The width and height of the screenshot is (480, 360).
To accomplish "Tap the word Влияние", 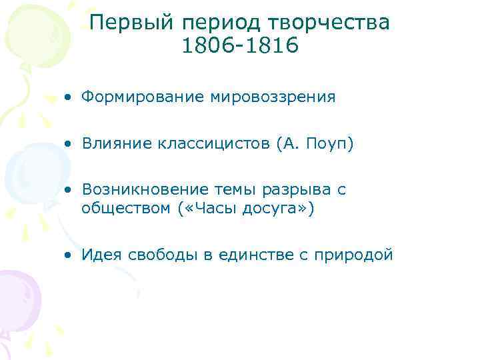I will pyautogui.click(x=113, y=144).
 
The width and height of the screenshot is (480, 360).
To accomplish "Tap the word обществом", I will pyautogui.click(x=127, y=208).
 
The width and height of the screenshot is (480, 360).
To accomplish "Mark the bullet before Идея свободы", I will pyautogui.click(x=69, y=255).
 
